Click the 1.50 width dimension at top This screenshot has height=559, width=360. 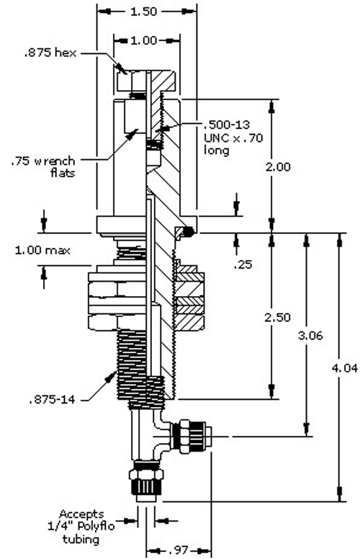click(x=148, y=12)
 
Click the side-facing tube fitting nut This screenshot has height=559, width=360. click(x=191, y=437)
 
